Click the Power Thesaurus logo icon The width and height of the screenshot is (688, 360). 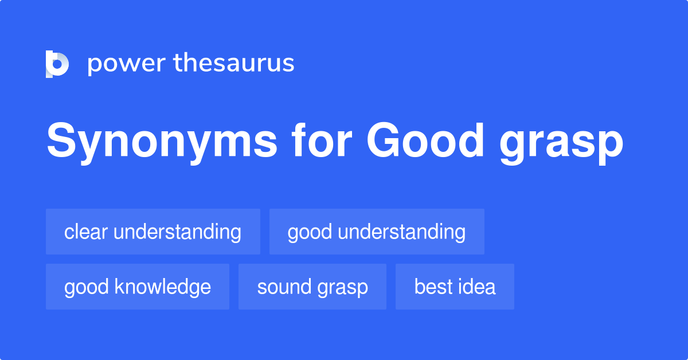[57, 64]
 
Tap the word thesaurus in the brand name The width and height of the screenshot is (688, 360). [234, 62]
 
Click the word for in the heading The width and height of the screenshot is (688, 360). [322, 140]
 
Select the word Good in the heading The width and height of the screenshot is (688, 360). [425, 140]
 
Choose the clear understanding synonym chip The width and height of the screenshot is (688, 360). [153, 232]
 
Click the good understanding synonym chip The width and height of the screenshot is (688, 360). [377, 232]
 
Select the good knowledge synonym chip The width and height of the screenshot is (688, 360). [138, 287]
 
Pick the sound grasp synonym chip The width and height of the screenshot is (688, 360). [312, 287]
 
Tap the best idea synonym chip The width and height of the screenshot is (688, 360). [455, 287]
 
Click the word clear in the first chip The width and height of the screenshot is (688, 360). [86, 232]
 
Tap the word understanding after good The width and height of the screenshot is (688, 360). [402, 233]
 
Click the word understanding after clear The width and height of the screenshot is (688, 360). [178, 233]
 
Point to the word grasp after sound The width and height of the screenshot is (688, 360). [343, 289]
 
